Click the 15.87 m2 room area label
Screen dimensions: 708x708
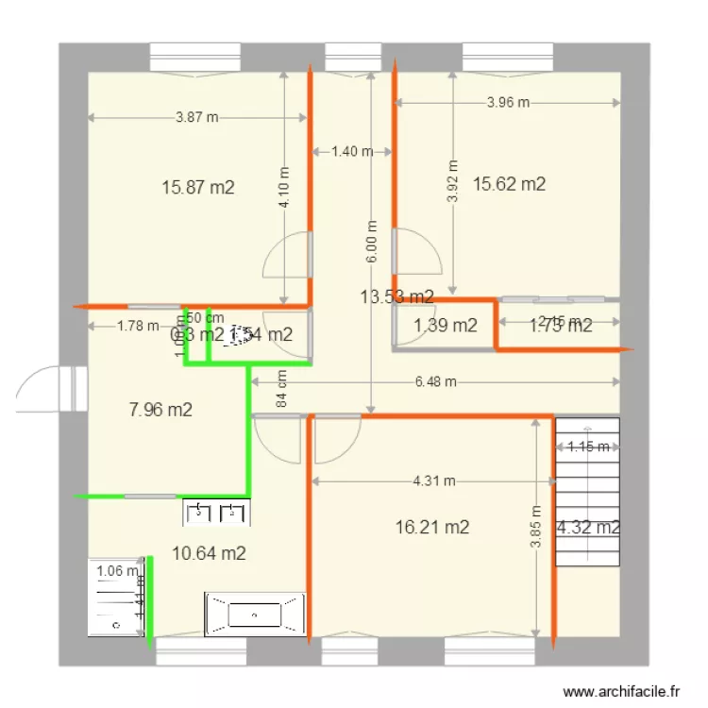[x=198, y=187]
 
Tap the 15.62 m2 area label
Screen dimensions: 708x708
[x=510, y=184]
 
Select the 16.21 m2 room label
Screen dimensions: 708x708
[x=432, y=527]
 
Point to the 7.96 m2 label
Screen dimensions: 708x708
[x=160, y=410]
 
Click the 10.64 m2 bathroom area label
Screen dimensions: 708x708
[x=210, y=553]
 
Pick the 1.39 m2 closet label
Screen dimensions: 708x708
[x=446, y=327]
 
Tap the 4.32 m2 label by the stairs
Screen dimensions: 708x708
[x=588, y=528]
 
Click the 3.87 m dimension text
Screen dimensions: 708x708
[x=197, y=117]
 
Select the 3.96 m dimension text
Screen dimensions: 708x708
[x=509, y=103]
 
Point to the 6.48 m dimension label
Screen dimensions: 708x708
[x=436, y=381]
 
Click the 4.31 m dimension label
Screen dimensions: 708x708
[x=434, y=480]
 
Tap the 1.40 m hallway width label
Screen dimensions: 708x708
[x=351, y=150]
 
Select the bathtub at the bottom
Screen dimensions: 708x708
[x=255, y=615]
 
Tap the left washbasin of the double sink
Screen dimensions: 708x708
[x=200, y=513]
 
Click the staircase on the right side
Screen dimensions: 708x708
[x=586, y=491]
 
